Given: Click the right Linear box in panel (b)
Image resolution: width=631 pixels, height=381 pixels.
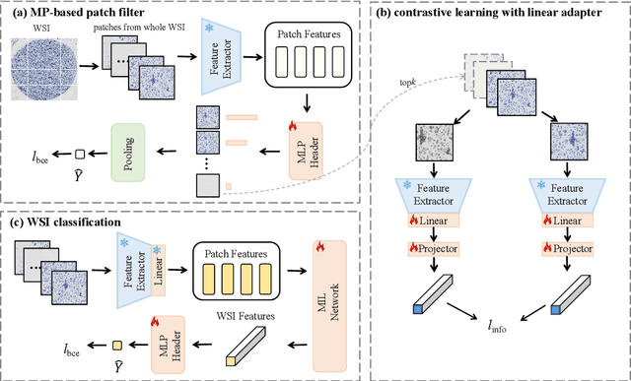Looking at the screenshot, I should pyautogui.click(x=569, y=221).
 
